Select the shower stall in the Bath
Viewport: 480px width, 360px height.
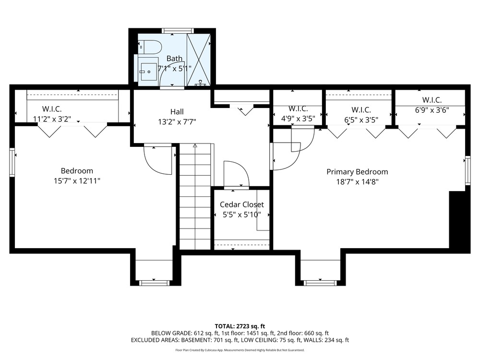point(199,59)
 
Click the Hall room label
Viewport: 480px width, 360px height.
point(177,112)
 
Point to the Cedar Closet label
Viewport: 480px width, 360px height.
point(242,204)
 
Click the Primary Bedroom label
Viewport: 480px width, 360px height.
point(357,172)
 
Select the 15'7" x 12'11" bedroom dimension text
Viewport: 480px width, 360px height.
point(77,181)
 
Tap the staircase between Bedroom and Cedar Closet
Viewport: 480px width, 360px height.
point(195,196)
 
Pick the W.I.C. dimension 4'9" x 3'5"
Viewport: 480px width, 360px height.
point(298,119)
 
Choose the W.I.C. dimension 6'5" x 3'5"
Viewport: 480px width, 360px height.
point(361,120)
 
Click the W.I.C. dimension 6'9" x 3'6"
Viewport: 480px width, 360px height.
point(432,110)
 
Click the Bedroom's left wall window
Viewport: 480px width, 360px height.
point(12,162)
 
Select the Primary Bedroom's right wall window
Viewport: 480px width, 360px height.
point(468,170)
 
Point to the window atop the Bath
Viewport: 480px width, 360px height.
point(178,31)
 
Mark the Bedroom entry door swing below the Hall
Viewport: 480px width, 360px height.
point(157,160)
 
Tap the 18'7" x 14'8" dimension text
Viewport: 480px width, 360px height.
point(357,182)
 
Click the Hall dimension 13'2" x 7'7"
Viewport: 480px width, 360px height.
point(177,122)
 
